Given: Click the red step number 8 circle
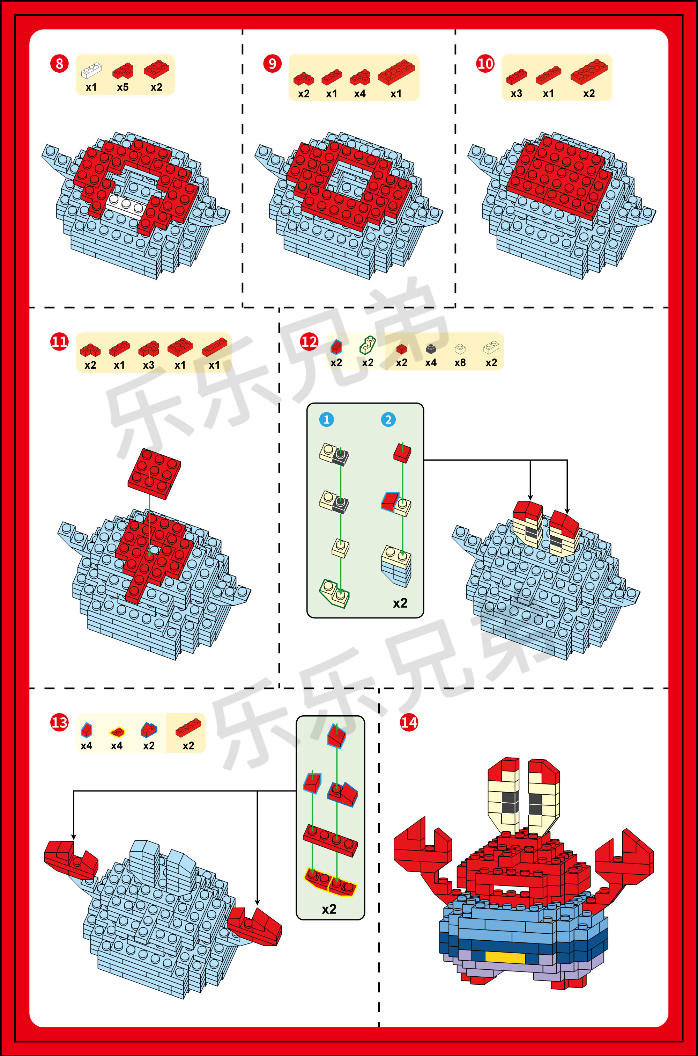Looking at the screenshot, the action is click(59, 64).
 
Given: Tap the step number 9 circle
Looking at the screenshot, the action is click(272, 64).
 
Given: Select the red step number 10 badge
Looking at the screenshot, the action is click(485, 64).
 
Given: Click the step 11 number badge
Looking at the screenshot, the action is click(59, 342).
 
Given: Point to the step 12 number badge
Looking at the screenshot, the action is click(309, 342).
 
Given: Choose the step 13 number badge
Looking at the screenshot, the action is click(59, 722).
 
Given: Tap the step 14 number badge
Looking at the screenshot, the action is click(409, 722).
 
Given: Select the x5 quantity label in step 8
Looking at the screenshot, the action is click(123, 87).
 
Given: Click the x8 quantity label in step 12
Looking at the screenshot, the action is click(460, 363).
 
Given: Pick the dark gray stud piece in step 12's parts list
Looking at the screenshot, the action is click(430, 349).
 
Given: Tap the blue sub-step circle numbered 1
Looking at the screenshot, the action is click(326, 419).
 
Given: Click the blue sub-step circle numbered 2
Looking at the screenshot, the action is click(388, 419).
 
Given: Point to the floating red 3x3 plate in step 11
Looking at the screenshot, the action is click(154, 473).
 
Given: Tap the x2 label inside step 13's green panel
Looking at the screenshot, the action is click(329, 909).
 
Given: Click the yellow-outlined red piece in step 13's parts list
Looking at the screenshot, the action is click(117, 732).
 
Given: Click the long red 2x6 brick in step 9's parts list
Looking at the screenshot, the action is click(396, 72).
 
